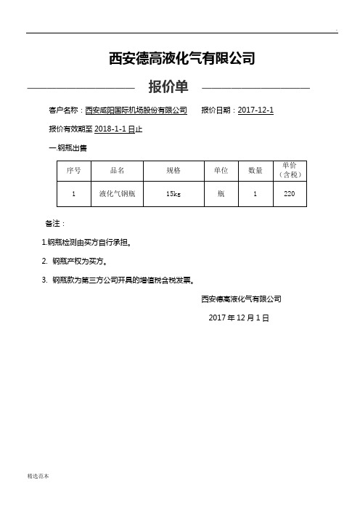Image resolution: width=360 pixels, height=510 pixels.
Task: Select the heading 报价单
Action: point(168,88)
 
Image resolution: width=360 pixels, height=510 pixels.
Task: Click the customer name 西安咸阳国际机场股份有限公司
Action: point(136,110)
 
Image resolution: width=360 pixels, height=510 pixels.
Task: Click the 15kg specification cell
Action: point(173,194)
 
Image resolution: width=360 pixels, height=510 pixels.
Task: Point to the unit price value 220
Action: point(290,194)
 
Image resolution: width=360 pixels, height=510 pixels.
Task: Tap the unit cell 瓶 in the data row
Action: point(221,194)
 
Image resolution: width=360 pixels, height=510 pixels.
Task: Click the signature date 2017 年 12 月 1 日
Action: point(239,318)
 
